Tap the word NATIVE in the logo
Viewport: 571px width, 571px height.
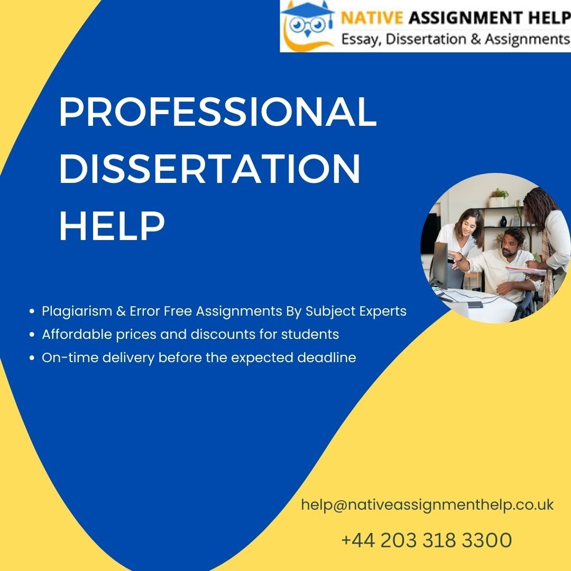[372, 17]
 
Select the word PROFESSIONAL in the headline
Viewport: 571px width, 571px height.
[218, 112]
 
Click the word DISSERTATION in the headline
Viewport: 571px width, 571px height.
[210, 168]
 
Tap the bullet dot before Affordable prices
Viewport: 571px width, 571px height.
[32, 334]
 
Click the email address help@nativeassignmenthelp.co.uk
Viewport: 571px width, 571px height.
[428, 505]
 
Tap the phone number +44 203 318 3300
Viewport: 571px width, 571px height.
[427, 540]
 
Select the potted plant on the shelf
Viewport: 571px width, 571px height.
[499, 197]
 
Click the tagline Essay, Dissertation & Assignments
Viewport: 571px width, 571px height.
[455, 39]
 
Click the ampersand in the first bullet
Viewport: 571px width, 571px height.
[121, 311]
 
